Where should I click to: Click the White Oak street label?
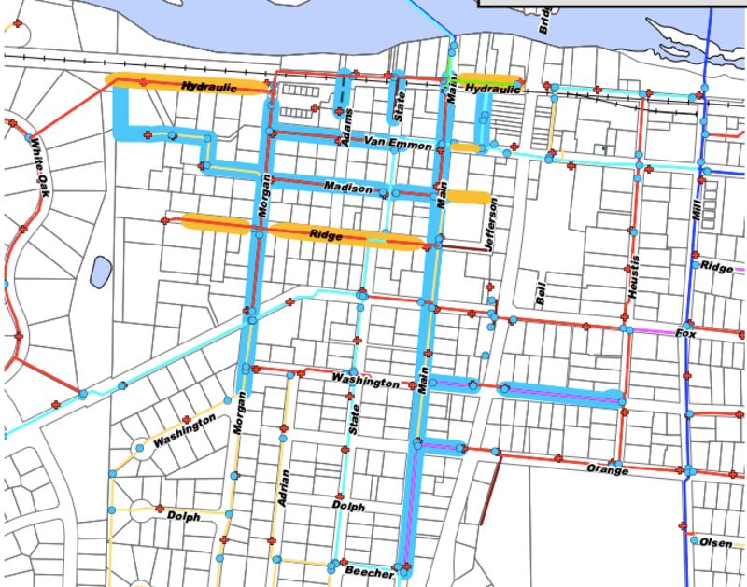point(38,168)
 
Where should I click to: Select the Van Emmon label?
point(398,145)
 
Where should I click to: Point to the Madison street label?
point(348,188)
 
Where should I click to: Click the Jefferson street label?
point(491,223)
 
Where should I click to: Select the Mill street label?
point(696,208)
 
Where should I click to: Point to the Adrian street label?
point(282,486)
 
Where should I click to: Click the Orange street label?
point(608,468)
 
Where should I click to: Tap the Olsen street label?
point(717,542)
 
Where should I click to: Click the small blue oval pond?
point(100,272)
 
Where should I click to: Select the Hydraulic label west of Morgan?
point(210,87)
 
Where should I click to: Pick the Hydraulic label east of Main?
point(491,90)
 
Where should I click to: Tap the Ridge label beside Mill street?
point(717,268)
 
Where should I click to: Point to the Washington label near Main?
point(365,381)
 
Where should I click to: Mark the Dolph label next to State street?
point(347,507)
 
